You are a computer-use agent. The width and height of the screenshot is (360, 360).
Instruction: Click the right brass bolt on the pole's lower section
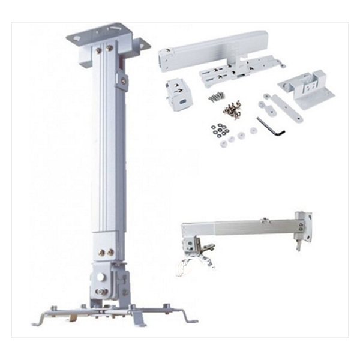tap(110, 253)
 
